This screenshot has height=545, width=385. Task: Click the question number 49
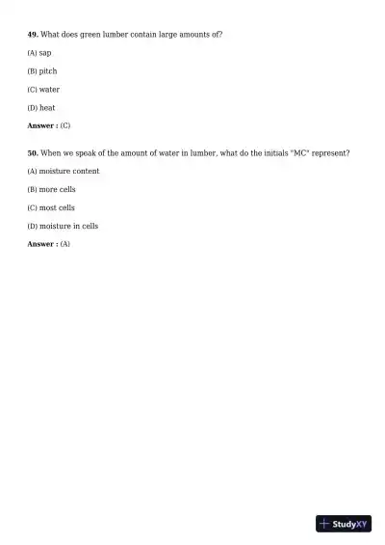point(33,35)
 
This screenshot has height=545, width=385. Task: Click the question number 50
point(33,153)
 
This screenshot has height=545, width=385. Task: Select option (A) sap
point(39,53)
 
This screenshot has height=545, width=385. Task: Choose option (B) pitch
point(42,71)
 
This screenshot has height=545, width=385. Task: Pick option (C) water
point(43,90)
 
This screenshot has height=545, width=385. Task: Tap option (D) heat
point(41,108)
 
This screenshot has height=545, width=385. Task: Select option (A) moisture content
point(64,172)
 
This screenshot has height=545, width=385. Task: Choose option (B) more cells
point(52,190)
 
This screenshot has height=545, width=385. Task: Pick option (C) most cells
point(52,208)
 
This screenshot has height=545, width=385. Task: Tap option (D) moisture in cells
point(64,227)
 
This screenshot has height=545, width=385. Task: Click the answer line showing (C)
point(49,126)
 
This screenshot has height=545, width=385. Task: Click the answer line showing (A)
point(49,245)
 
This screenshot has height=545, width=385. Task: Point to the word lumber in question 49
point(115,35)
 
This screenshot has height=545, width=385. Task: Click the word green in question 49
point(90,35)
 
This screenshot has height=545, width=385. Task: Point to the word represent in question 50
point(328,153)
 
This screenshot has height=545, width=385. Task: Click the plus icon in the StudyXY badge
point(324,524)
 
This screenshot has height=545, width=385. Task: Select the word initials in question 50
point(263,153)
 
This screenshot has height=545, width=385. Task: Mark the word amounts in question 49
point(192,35)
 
